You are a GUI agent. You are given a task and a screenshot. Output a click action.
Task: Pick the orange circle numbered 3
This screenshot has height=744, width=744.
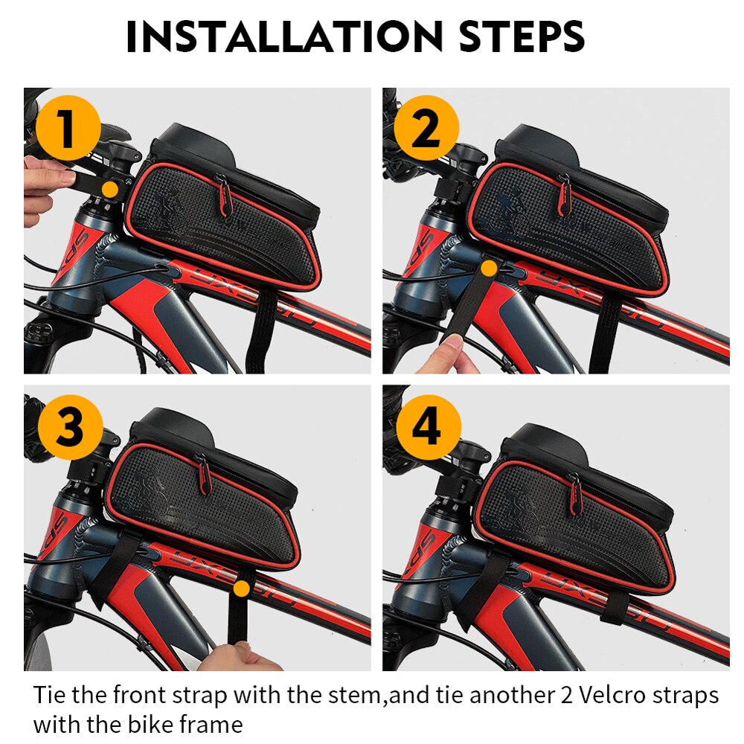[x=68, y=428]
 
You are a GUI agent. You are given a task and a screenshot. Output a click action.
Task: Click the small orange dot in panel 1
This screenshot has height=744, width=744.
[x=109, y=189]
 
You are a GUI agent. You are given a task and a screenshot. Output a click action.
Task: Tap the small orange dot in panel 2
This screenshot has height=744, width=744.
[x=489, y=267]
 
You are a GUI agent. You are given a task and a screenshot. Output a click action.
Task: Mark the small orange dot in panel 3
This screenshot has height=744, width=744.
[x=241, y=590]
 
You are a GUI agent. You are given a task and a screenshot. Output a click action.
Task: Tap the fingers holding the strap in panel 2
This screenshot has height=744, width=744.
[x=446, y=356]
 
